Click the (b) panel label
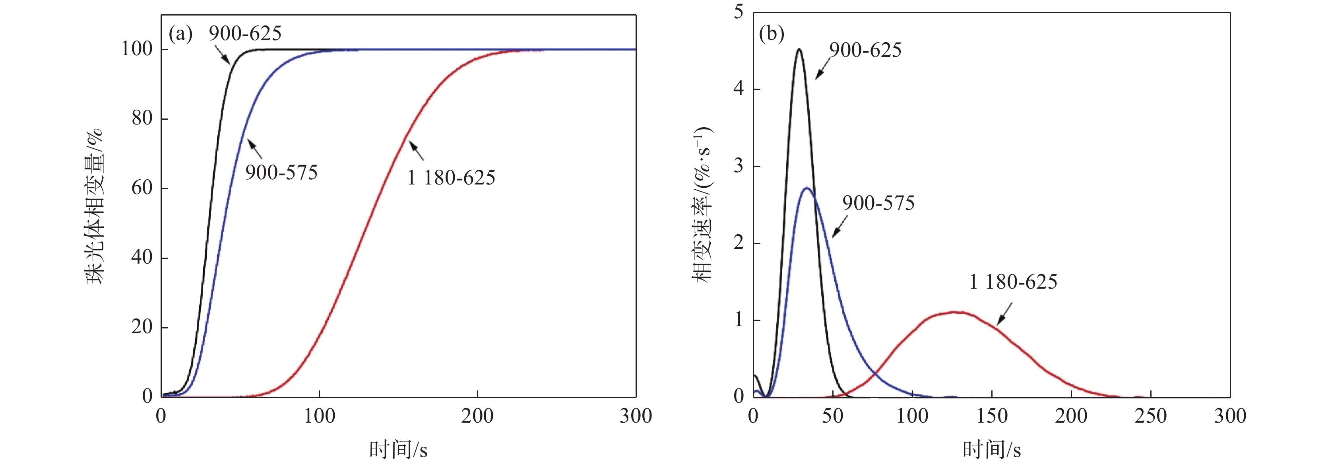tap(772, 34)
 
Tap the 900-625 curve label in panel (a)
tap(245, 33)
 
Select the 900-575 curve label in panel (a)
tap(281, 172)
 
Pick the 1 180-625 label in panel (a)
tap(451, 178)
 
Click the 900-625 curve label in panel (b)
tap(865, 50)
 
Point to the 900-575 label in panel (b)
tap(878, 203)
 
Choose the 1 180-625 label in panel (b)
tap(1013, 282)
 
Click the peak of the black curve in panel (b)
tap(799, 50)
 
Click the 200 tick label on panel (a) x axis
tap(477, 416)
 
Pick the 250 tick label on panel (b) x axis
tap(1150, 416)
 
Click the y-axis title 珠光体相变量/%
tap(95, 207)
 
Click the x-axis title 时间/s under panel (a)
tap(398, 450)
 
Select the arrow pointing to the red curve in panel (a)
tap(416, 150)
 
